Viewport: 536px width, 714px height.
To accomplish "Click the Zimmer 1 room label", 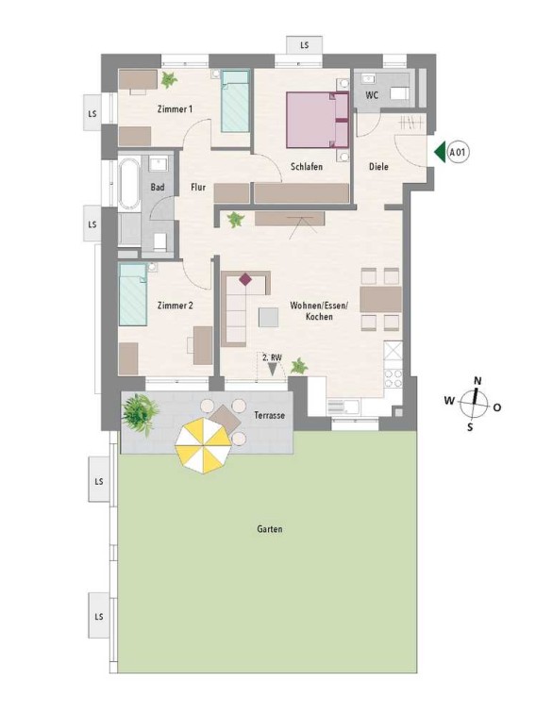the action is [175, 109].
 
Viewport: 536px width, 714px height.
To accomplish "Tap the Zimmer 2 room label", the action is [175, 306].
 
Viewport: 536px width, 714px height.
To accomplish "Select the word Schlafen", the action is [307, 167].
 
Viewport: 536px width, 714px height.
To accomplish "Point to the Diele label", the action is [378, 167].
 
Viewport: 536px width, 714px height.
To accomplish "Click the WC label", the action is [372, 95].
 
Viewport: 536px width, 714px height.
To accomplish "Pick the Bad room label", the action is [158, 187].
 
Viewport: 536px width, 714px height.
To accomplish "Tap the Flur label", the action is [198, 187].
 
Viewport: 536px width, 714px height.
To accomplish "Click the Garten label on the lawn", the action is [270, 529].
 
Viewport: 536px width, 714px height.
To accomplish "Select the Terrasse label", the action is [270, 415].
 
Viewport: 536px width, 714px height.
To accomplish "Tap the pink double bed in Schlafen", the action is [317, 120].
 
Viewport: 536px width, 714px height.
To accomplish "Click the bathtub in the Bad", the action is [129, 184].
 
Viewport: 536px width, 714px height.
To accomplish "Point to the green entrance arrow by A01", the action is [439, 152].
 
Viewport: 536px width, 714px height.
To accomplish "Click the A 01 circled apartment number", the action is [458, 152].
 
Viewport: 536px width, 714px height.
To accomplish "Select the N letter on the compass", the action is [477, 381].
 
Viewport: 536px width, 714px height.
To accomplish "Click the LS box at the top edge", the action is [304, 45].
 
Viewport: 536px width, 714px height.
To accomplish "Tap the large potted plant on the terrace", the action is [141, 413].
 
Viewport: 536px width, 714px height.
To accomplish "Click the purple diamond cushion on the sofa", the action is [245, 279].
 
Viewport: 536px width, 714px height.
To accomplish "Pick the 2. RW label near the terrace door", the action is [272, 357].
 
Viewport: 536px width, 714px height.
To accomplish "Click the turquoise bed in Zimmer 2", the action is [133, 294].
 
